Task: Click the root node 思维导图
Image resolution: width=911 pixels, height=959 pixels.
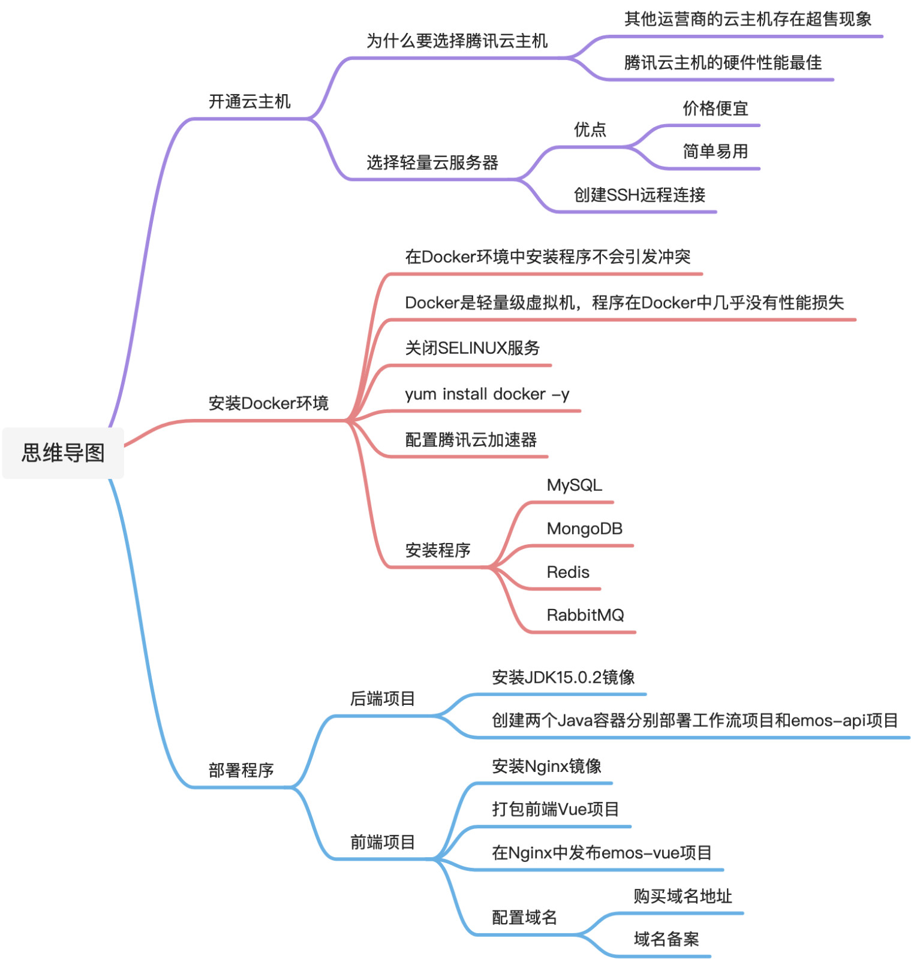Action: [63, 453]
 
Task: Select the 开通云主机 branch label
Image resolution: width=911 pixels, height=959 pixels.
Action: [249, 102]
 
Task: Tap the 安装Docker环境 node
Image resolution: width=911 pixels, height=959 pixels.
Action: [268, 403]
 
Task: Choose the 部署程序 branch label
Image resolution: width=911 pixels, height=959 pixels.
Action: [241, 770]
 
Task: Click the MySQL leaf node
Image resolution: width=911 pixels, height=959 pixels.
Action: [574, 485]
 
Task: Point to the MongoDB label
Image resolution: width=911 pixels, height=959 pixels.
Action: [584, 529]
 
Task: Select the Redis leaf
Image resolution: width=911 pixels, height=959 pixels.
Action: [568, 572]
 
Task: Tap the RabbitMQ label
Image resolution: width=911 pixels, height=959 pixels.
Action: [585, 615]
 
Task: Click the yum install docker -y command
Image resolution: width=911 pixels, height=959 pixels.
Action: [487, 394]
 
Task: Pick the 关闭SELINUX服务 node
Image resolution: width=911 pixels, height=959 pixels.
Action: [472, 348]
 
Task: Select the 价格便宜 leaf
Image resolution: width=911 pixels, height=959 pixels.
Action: [715, 108]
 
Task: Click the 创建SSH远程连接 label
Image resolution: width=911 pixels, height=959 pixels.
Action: [639, 195]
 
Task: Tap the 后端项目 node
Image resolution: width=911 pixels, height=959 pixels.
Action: [383, 699]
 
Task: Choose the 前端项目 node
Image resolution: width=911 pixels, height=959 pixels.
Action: [383, 843]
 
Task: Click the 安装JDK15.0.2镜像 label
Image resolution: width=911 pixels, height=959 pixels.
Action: [563, 677]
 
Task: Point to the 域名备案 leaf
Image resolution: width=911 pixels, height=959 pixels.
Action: [666, 939]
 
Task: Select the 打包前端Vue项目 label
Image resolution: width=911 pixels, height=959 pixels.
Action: [555, 809]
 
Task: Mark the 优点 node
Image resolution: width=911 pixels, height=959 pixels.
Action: [590, 129]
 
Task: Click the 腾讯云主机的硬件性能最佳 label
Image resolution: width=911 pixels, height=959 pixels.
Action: [723, 63]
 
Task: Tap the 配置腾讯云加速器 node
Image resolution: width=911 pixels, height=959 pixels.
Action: [471, 440]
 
